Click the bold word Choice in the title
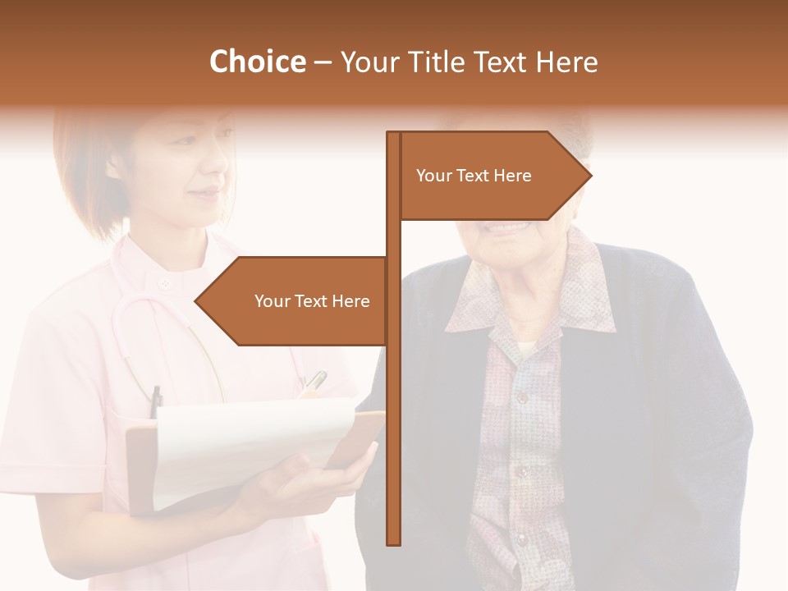257,62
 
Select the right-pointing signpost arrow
492,176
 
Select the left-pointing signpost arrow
295,301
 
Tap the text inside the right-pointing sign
474,176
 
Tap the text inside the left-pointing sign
312,301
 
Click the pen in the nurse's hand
314,381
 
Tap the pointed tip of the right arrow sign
589,175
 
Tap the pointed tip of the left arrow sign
197,301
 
